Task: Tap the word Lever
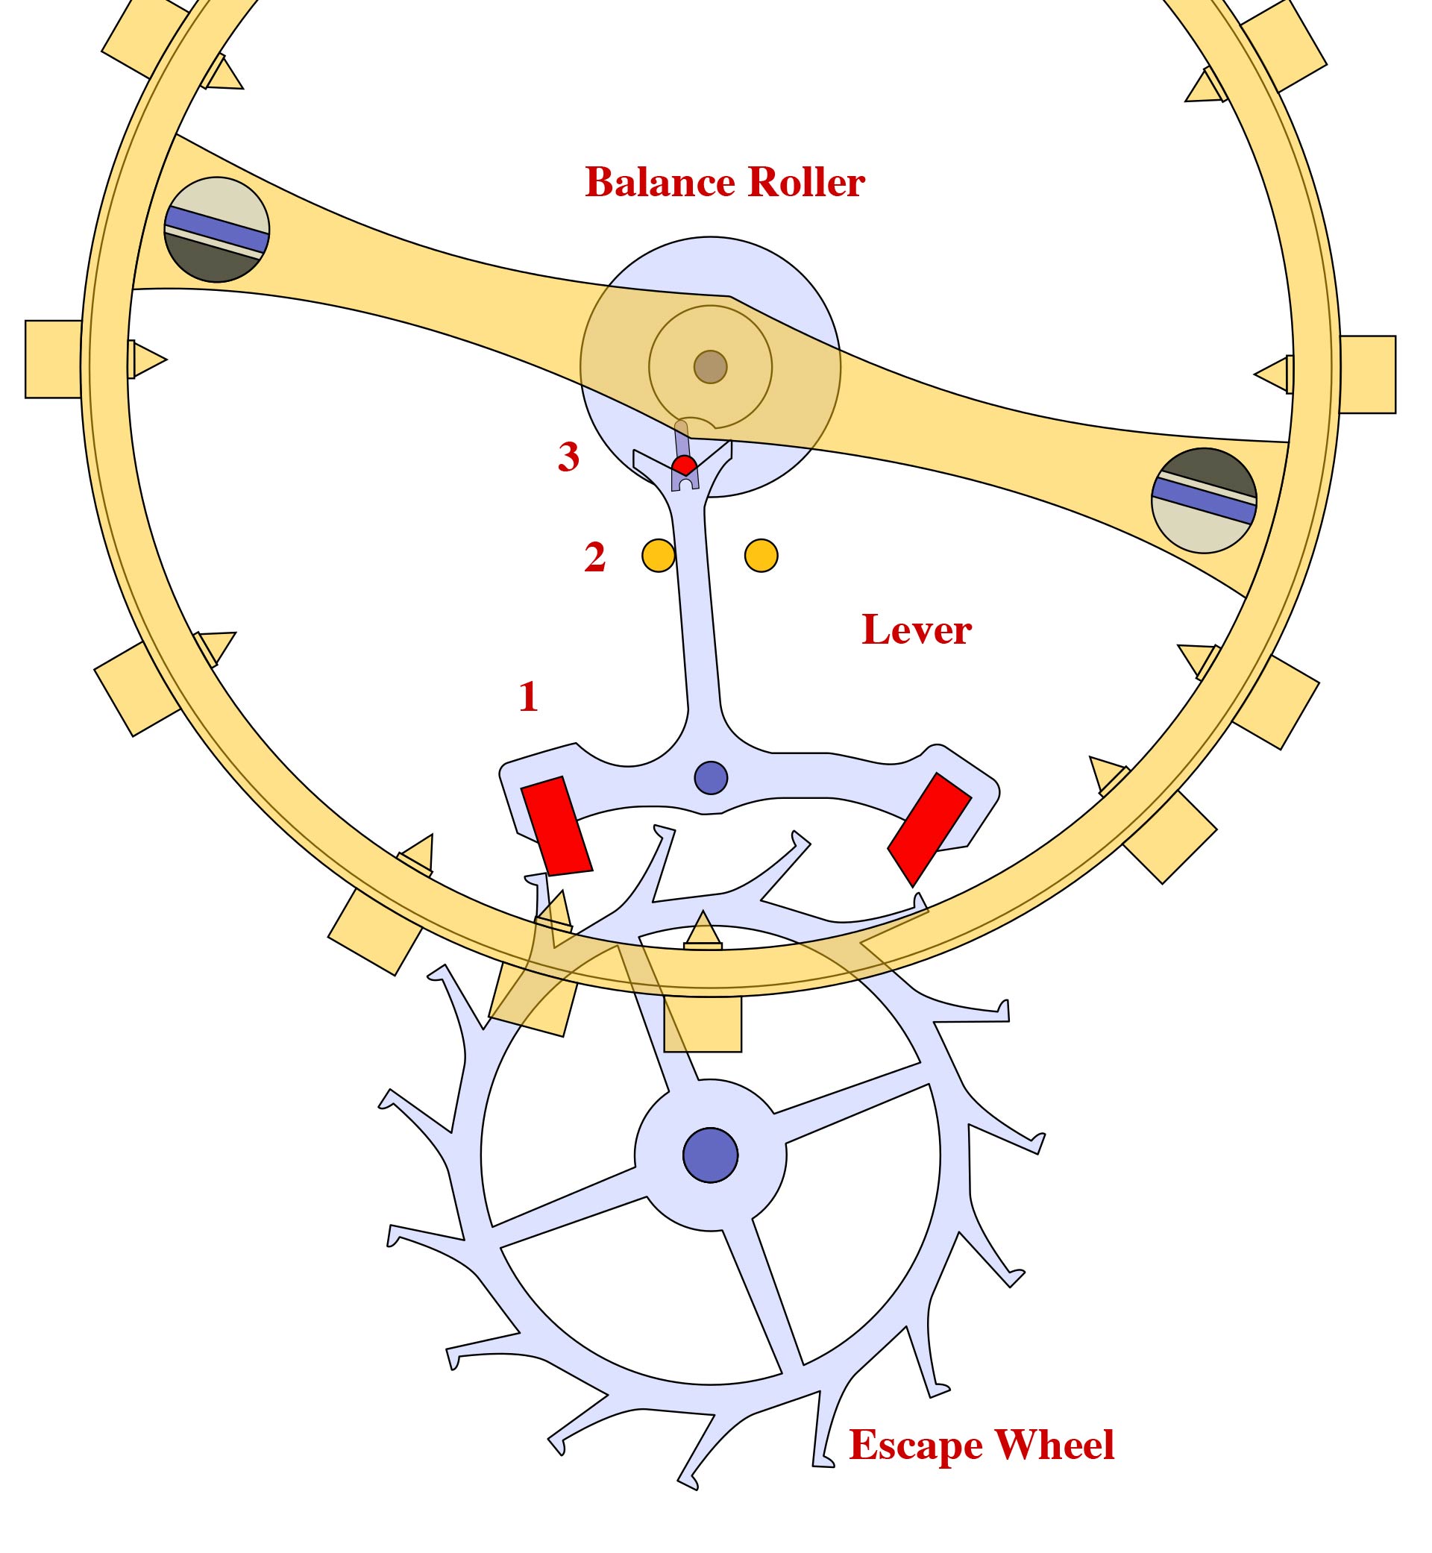[916, 630]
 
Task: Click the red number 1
[529, 697]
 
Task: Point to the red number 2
[594, 557]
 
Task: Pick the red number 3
[568, 457]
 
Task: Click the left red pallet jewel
[556, 826]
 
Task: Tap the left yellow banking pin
[658, 556]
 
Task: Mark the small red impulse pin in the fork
[683, 465]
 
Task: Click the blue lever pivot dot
[711, 777]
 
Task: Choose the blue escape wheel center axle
[710, 1155]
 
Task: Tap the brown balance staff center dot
[710, 366]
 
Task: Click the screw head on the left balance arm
[217, 230]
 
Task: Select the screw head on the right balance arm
[1204, 501]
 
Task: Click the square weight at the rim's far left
[53, 359]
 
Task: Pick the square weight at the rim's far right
[1368, 374]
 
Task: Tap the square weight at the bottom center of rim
[703, 1023]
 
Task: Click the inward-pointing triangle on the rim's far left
[147, 360]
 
